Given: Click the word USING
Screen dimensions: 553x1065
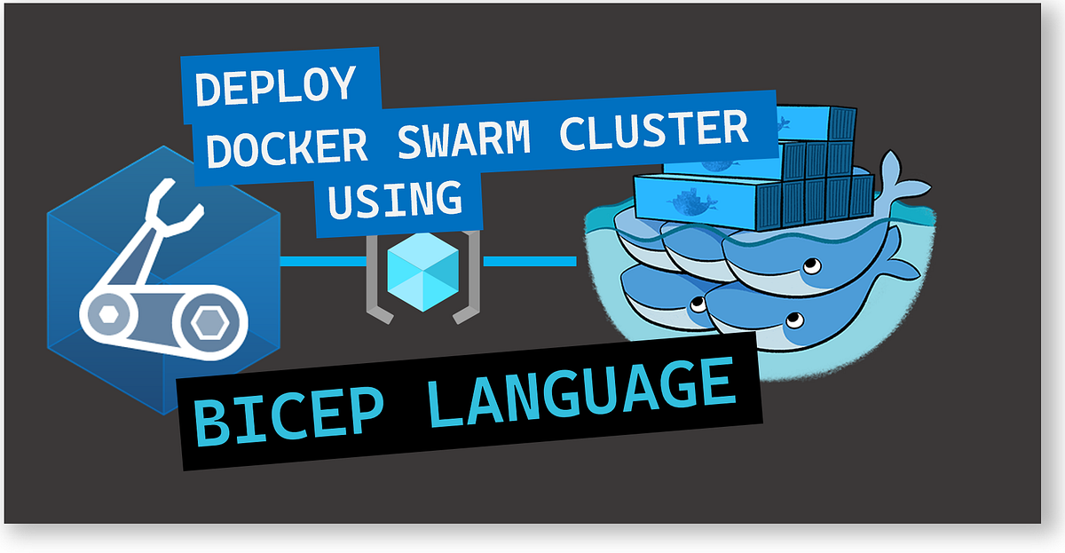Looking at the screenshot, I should coord(395,201).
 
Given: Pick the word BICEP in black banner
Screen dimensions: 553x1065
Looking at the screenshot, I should coord(297,414).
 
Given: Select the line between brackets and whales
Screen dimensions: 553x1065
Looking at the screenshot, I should coord(530,261).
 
